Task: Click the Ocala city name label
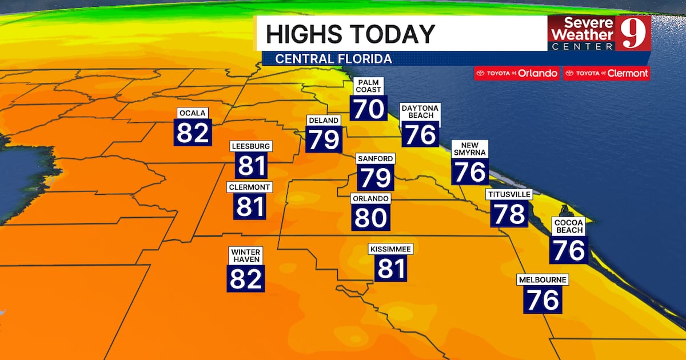(x=193, y=113)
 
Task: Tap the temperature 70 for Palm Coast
(x=368, y=108)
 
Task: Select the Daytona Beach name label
(x=421, y=111)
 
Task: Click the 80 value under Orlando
(x=370, y=218)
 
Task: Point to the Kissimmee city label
(x=391, y=249)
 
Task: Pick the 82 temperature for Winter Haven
(x=246, y=278)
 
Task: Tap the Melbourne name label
(x=543, y=280)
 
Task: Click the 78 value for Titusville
(x=509, y=214)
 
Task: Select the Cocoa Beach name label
(x=569, y=226)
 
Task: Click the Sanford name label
(x=376, y=158)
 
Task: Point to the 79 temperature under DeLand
(x=324, y=139)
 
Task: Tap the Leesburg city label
(x=251, y=146)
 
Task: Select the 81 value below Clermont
(x=250, y=206)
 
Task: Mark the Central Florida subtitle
(x=334, y=59)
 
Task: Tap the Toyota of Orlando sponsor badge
(x=517, y=73)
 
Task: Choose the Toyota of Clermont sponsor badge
(x=607, y=73)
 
